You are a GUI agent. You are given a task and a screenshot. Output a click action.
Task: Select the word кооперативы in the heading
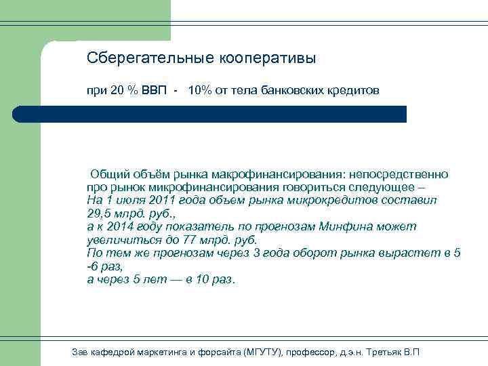click(267, 58)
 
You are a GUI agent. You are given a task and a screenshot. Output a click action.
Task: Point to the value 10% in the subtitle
click(199, 91)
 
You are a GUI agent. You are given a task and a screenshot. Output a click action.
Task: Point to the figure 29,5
click(99, 214)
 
